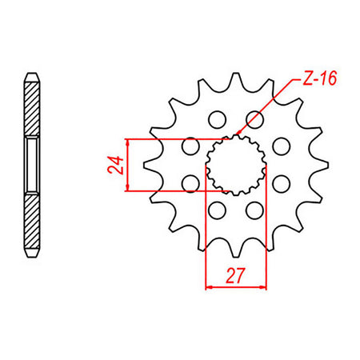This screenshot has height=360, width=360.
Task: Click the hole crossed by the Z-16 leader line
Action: pos(256,119)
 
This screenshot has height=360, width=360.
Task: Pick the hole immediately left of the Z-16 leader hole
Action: pos(215,120)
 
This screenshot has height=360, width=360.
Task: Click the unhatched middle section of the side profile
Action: pos(31,165)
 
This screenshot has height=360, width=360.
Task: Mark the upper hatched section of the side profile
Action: pos(31,108)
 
